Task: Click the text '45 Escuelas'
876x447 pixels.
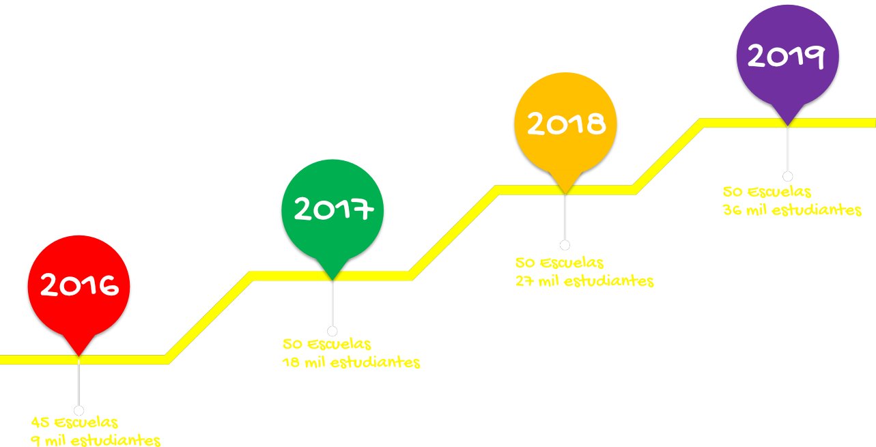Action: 74,422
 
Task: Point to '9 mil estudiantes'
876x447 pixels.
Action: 96,441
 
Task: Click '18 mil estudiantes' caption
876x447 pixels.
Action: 351,362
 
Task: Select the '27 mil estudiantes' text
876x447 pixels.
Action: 584,281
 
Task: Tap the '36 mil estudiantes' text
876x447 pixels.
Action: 792,210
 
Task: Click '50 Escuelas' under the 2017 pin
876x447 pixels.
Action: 326,344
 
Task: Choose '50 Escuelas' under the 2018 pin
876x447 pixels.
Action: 559,263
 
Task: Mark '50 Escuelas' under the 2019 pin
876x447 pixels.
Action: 767,192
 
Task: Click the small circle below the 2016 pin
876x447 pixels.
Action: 79,410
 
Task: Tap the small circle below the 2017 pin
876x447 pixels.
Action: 333,332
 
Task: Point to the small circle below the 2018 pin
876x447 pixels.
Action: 565,245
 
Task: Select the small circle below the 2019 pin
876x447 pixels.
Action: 788,176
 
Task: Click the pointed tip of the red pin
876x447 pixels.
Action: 79,356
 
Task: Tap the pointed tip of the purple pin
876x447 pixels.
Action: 788,126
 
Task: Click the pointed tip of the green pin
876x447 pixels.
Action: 333,280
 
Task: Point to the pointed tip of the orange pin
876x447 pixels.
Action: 565,194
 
